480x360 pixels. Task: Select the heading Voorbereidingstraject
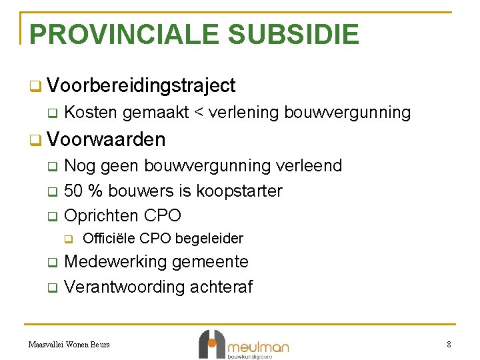coord(141,85)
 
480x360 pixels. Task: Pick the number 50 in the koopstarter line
coord(73,191)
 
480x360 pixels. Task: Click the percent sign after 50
coord(95,191)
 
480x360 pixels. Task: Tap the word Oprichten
coord(99,216)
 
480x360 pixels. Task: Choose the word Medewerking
coord(116,262)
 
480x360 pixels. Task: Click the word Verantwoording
coord(125,287)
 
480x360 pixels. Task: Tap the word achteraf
coord(221,287)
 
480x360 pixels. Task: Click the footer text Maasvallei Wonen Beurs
coord(69,345)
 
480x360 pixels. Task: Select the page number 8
coord(449,345)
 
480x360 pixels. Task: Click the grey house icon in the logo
coord(211,343)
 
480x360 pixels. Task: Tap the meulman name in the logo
coord(258,347)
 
